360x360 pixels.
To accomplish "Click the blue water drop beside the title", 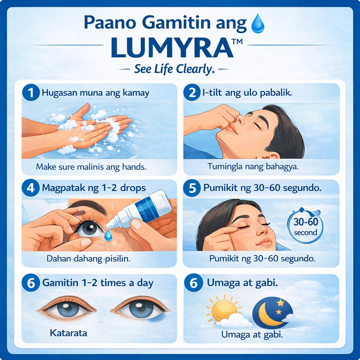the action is click(x=258, y=24).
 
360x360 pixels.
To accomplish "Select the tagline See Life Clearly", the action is click(x=174, y=69).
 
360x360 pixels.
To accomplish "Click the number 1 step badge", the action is click(x=31, y=93).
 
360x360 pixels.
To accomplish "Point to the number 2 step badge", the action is click(x=192, y=93).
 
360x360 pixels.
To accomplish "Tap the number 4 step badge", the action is click(x=31, y=188).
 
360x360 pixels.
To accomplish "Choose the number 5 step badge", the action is click(x=192, y=188).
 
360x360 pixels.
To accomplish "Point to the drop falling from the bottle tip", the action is click(x=108, y=235).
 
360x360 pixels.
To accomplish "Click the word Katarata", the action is click(x=69, y=333).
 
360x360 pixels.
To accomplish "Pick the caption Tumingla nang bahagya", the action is click(x=253, y=167).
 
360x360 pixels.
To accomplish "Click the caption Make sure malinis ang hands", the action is click(x=91, y=167).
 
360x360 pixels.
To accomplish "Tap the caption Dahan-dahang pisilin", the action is click(x=88, y=259).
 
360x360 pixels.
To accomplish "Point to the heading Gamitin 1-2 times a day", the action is click(x=98, y=283).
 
